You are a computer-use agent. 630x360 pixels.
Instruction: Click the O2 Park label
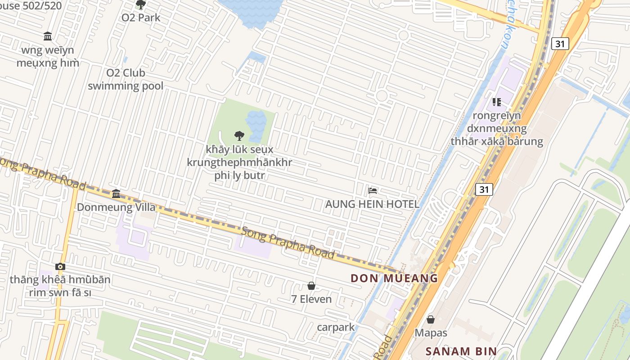coord(141,18)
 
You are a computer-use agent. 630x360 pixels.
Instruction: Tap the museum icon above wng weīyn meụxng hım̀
coord(48,36)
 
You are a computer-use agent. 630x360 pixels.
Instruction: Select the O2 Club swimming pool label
coord(126,79)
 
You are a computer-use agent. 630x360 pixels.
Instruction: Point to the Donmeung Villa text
coord(116,207)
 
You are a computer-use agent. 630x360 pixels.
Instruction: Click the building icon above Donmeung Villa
coord(116,193)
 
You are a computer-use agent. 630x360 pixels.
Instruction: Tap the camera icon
coord(60,266)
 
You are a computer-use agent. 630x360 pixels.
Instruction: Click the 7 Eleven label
coord(311,299)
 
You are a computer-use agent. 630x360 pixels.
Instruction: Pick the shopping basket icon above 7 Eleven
coord(311,286)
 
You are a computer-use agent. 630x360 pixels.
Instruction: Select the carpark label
coord(336,327)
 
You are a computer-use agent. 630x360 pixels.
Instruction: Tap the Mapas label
coord(431,333)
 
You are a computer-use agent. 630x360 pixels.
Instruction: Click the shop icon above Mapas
coord(431,319)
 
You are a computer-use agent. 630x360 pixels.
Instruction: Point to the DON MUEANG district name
coord(394,278)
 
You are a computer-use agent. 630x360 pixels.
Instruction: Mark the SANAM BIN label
coord(461,351)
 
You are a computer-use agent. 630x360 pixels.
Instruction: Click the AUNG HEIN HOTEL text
coord(372,204)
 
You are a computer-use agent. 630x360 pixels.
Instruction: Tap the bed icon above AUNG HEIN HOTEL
coord(373,190)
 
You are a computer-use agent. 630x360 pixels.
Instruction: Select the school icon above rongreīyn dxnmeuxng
coord(497,102)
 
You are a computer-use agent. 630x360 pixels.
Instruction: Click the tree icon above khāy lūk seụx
coord(239,135)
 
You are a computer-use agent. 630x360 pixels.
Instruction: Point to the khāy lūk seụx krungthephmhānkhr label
coord(239,162)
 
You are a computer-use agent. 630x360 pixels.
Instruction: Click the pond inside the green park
coord(256,124)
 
